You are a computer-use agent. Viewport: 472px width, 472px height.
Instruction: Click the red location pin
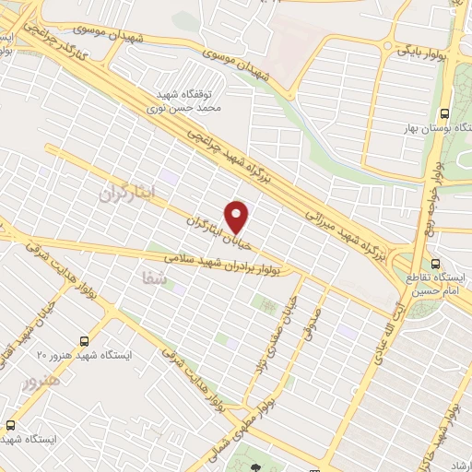(237, 217)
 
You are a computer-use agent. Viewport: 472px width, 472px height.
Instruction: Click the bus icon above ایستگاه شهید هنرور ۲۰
(85, 339)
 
